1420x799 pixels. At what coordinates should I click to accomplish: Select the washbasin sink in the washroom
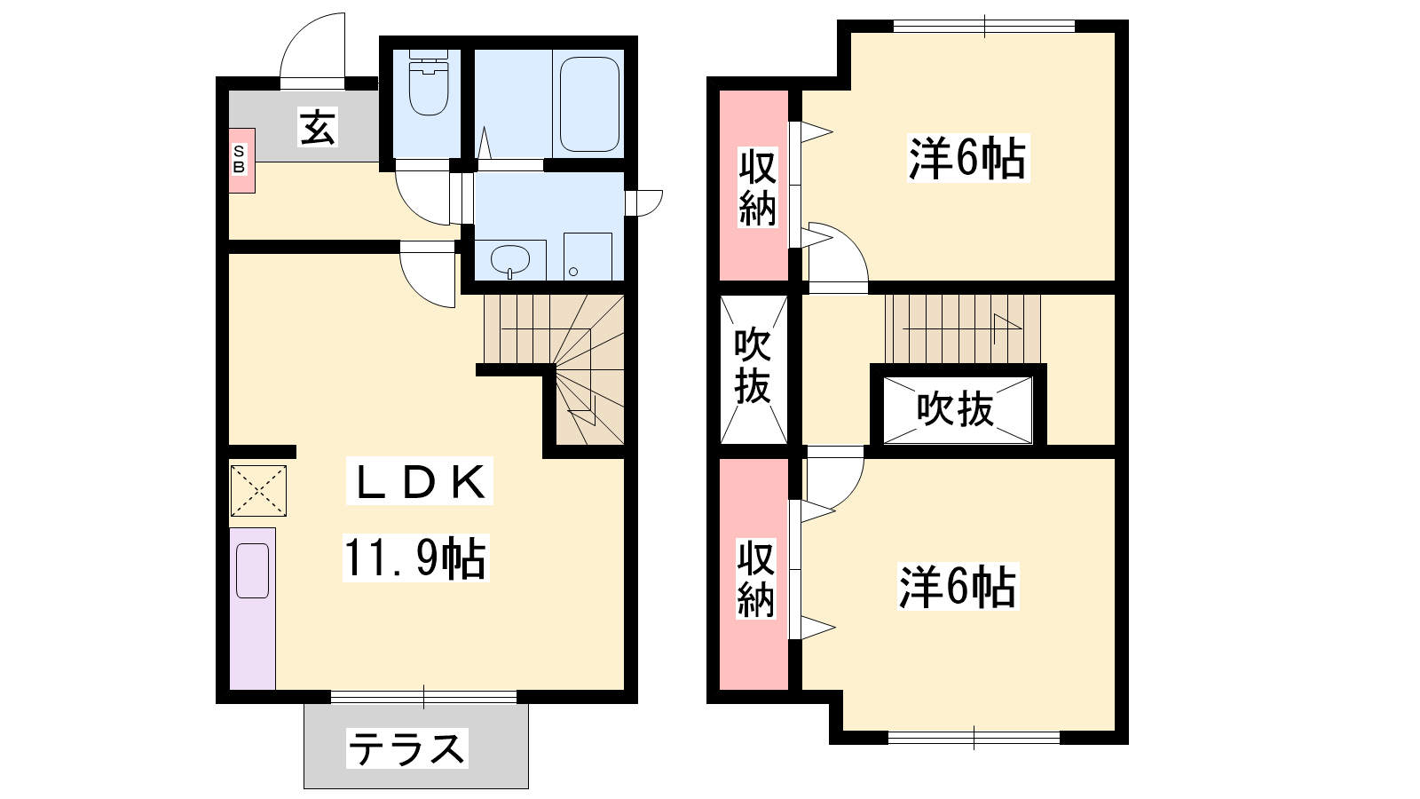[x=510, y=259]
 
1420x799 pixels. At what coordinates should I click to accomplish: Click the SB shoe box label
[x=239, y=159]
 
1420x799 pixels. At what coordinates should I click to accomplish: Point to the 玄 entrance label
[x=317, y=128]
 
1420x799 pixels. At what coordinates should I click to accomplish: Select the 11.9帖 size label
[x=415, y=558]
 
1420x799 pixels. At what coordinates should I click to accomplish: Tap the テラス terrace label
[x=406, y=748]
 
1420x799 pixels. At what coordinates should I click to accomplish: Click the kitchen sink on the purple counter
[x=252, y=571]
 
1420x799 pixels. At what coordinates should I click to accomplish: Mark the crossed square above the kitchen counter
[x=258, y=490]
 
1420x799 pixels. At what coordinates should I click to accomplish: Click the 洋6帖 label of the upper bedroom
[x=967, y=158]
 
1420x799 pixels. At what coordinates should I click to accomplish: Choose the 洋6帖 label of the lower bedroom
[x=958, y=587]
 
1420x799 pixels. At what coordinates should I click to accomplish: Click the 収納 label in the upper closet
[x=757, y=187]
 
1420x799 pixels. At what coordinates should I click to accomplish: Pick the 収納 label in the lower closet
[x=755, y=579]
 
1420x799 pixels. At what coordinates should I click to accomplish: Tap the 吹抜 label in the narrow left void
[x=753, y=367]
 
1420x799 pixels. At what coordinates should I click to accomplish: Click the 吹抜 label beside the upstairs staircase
[x=955, y=409]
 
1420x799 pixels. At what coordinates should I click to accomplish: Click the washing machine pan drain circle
[x=573, y=272]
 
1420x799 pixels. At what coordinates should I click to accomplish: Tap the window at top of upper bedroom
[x=984, y=27]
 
